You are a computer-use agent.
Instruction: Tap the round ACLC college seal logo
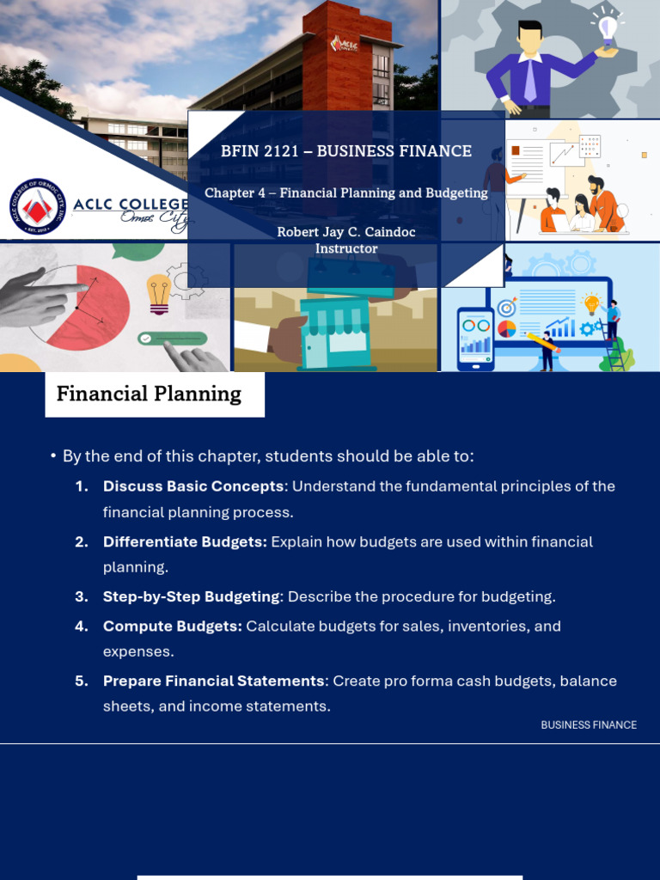click(37, 207)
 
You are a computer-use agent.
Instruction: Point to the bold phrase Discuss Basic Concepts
click(193, 486)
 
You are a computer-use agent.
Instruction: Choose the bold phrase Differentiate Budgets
click(185, 542)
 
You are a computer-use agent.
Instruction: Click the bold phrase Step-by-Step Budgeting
click(192, 596)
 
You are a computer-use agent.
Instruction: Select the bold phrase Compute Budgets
click(172, 626)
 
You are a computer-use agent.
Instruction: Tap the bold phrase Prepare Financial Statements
click(213, 681)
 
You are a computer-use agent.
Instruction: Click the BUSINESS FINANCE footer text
click(589, 725)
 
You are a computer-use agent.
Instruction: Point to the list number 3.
click(82, 596)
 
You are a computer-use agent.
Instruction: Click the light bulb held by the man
click(608, 31)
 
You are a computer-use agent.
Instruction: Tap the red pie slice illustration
click(95, 308)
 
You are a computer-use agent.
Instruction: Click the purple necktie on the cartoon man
click(529, 81)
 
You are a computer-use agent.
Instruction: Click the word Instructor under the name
click(346, 248)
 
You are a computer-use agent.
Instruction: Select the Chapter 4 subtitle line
click(345, 193)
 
